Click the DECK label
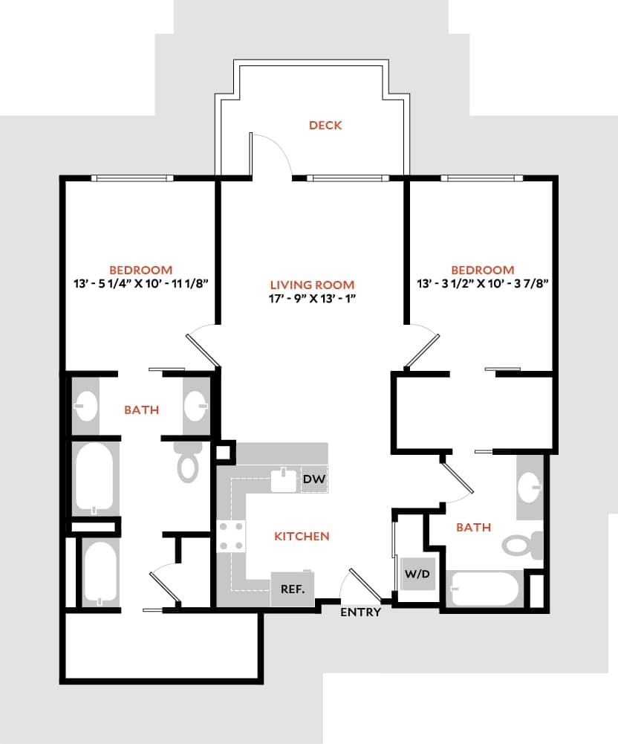click(325, 126)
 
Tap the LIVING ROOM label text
click(312, 285)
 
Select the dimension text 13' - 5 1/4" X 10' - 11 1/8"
click(141, 283)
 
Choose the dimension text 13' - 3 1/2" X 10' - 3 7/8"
click(483, 283)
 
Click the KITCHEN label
click(302, 536)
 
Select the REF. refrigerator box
click(292, 589)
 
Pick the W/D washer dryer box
click(417, 574)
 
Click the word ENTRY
click(360, 612)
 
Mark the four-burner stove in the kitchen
click(231, 536)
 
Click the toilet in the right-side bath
click(524, 546)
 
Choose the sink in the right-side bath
click(530, 488)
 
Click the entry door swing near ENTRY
click(361, 585)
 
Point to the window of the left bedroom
click(132, 178)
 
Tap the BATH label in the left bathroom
click(141, 410)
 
